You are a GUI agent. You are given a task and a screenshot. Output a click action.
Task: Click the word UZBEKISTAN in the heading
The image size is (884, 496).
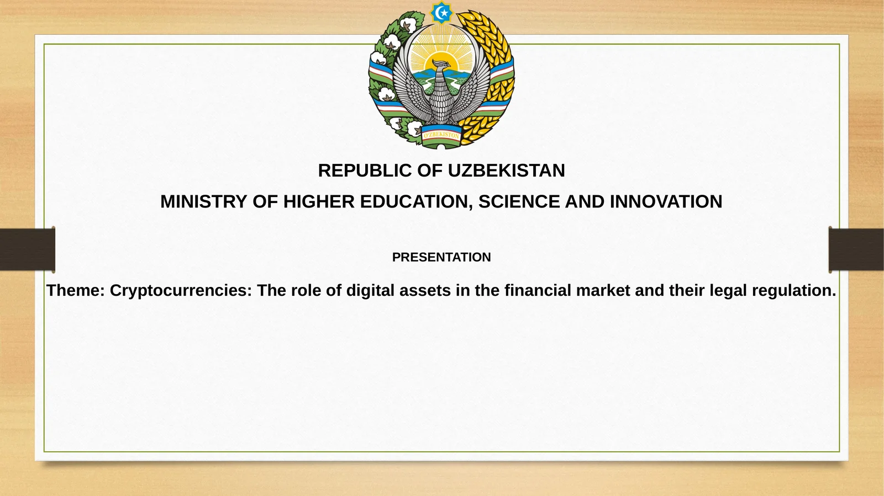(506, 170)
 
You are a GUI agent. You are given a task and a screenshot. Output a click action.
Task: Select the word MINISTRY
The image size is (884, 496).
(204, 202)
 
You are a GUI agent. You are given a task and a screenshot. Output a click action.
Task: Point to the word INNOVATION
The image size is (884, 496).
(666, 202)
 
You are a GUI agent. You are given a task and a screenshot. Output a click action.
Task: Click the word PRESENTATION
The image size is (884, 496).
(441, 257)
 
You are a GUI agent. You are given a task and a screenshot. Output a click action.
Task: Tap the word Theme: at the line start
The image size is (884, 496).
(76, 290)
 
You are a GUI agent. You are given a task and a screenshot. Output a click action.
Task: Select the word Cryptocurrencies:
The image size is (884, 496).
(181, 290)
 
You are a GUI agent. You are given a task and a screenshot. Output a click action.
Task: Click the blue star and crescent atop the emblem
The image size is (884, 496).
(441, 13)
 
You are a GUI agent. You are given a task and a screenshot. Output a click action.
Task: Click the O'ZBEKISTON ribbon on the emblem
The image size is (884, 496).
(441, 135)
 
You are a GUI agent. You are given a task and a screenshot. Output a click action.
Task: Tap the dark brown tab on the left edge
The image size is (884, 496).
(27, 249)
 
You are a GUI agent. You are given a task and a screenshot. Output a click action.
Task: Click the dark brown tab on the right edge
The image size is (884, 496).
(856, 249)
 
